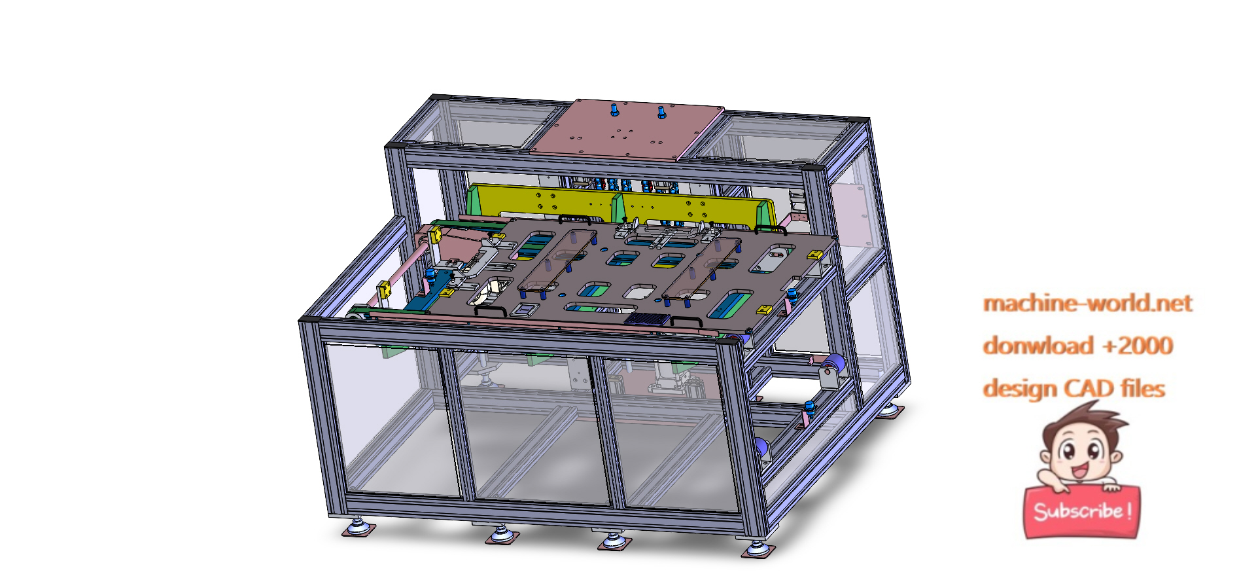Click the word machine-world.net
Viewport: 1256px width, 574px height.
[x=1087, y=304]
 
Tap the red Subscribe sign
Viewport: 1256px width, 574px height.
[x=1081, y=511]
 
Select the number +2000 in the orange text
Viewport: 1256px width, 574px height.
[x=1138, y=346]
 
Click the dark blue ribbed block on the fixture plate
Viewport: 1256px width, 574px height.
[x=647, y=319]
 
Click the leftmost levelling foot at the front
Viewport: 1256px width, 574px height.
[x=358, y=527]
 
